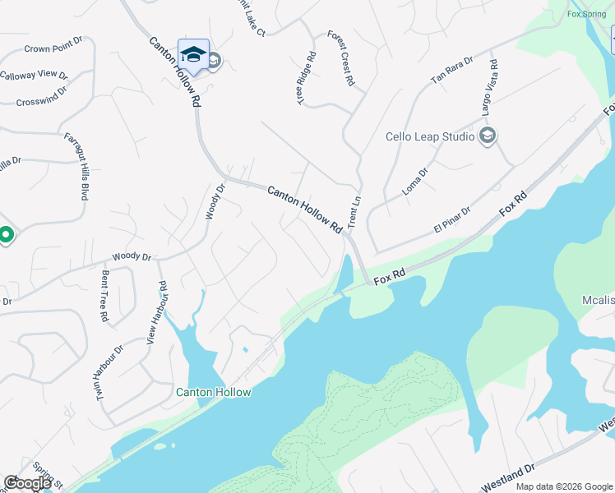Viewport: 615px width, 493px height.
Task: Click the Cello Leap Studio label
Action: tap(430, 136)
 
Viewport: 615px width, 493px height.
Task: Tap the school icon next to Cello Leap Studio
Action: tap(487, 136)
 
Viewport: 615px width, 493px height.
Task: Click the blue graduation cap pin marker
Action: tap(193, 55)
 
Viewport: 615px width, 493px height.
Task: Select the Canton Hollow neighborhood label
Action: tap(214, 392)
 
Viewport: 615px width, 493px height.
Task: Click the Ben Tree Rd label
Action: tap(104, 295)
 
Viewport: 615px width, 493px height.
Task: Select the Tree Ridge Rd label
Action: tap(307, 79)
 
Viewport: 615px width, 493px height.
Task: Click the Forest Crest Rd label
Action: tap(340, 58)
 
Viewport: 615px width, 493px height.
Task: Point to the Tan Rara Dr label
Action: tap(452, 71)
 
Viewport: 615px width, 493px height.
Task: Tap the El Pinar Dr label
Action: tap(451, 219)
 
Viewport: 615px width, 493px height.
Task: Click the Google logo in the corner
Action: tap(28, 483)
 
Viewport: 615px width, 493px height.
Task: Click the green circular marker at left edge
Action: tap(4, 236)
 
